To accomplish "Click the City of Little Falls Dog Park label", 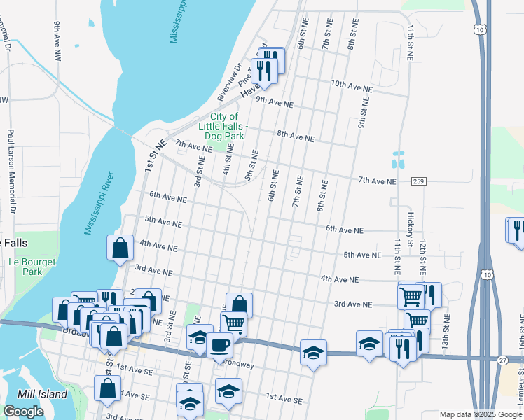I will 219,126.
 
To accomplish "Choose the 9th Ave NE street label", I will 274,101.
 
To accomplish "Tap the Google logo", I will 23,412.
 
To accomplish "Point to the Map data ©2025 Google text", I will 481,414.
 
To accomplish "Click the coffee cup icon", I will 220,345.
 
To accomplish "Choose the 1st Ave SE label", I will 284,400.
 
